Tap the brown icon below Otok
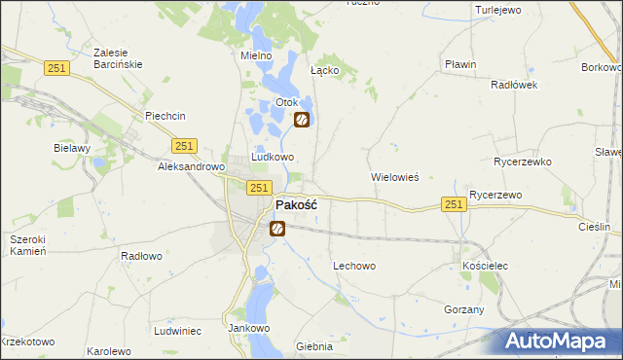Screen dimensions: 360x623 302,120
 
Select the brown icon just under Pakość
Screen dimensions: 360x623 277,229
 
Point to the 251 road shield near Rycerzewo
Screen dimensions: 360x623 453,203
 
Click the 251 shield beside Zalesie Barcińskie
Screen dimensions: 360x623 56,66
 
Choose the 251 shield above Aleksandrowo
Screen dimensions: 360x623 186,146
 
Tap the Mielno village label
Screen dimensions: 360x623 255,55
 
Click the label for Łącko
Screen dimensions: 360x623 324,71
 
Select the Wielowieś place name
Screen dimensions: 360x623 395,178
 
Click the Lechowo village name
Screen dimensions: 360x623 354,266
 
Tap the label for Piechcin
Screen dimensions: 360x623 165,116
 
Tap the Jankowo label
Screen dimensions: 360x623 248,328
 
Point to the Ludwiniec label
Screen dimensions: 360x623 177,331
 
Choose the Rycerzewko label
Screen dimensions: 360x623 523,162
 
